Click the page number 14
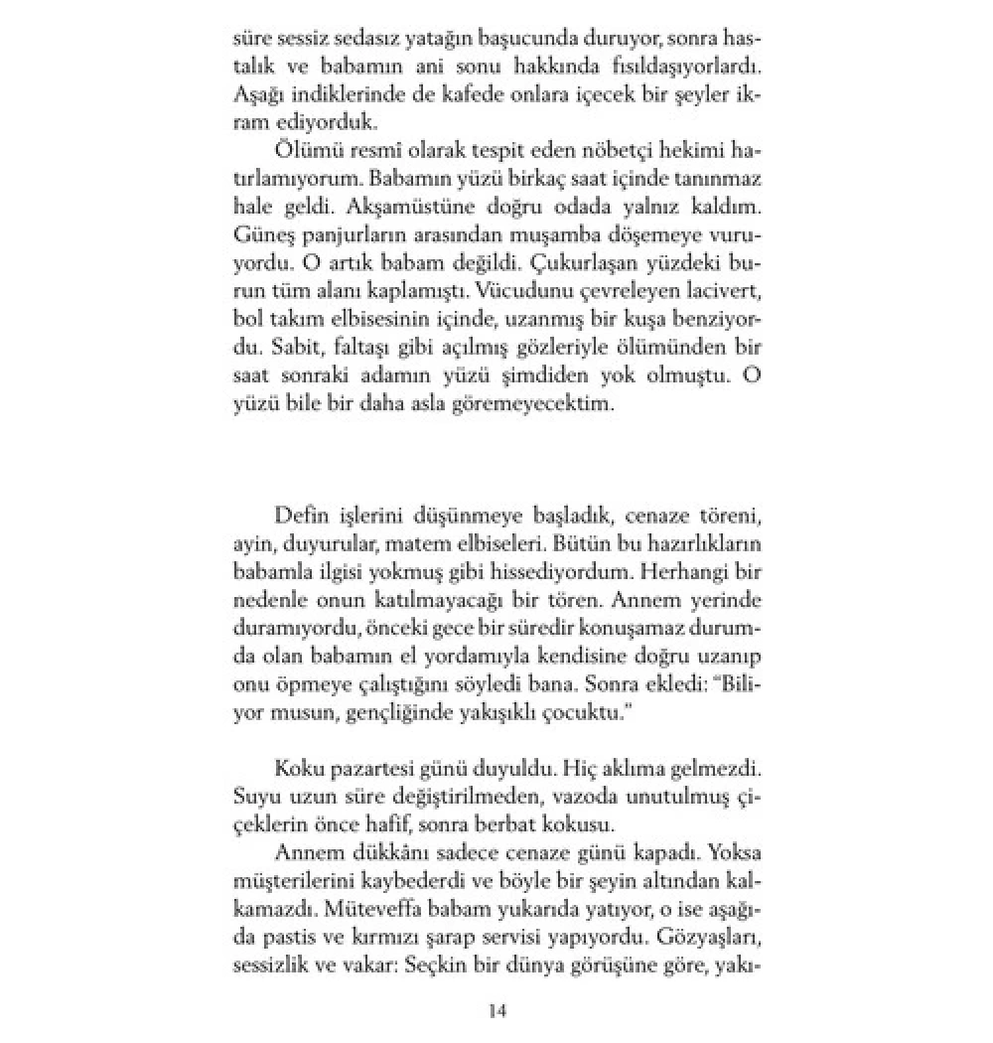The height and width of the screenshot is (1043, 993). coord(497,1010)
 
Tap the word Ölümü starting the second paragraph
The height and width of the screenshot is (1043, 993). coord(301,151)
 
